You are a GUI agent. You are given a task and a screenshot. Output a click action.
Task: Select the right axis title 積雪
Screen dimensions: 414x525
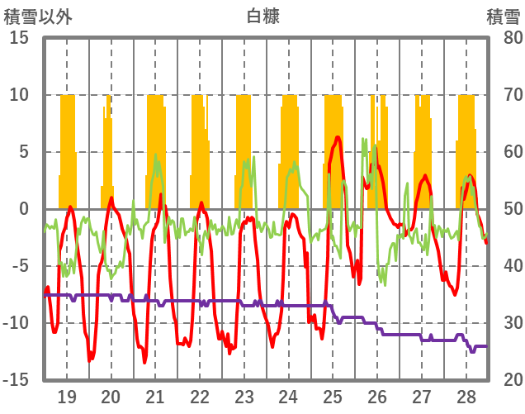click(502, 16)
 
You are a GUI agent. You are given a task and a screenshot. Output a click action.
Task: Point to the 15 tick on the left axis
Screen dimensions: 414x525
click(19, 38)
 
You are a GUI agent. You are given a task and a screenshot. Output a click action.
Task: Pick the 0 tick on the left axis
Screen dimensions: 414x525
click(24, 209)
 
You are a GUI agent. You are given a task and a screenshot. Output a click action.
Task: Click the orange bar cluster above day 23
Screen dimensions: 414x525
click(244, 149)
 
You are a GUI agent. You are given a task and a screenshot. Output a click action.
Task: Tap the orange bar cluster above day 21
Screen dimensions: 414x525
click(156, 149)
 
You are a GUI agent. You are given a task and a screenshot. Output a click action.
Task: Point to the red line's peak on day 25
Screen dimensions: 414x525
click(338, 137)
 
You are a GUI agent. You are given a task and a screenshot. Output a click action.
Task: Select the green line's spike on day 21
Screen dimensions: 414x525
click(157, 155)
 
